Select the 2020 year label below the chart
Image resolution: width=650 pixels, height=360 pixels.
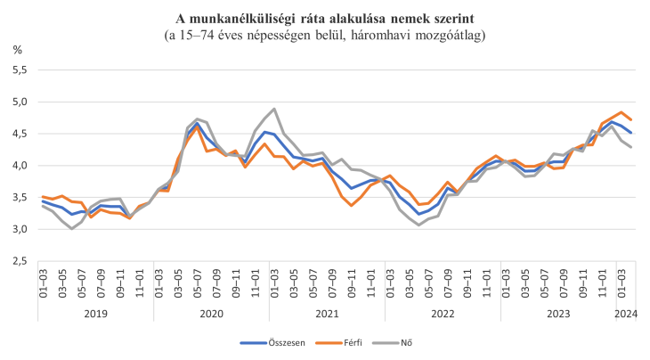tap(211, 313)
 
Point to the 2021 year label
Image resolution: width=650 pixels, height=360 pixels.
tap(327, 313)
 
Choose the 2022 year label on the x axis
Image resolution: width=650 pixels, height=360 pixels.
tap(443, 313)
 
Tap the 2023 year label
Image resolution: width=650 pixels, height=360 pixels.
tap(557, 313)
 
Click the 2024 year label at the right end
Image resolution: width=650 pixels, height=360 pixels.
tap(626, 313)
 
